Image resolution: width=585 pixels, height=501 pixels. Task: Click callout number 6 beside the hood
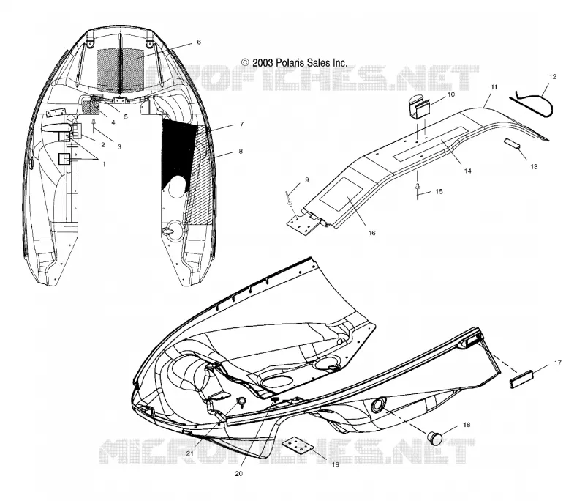(x=199, y=42)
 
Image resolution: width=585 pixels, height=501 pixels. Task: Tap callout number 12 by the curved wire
(x=553, y=77)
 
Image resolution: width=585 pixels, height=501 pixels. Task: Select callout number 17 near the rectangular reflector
(x=558, y=363)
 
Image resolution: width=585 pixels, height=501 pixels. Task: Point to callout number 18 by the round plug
(x=467, y=425)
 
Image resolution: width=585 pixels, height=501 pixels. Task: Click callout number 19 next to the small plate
(x=336, y=464)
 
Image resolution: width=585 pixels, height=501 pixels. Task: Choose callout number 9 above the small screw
(x=307, y=180)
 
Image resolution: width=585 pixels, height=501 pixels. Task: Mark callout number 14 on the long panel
(x=467, y=171)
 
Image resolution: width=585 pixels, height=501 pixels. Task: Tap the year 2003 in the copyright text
(x=263, y=62)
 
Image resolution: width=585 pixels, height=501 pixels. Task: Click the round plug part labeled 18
(x=435, y=437)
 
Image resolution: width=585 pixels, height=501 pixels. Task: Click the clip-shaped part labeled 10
(x=418, y=106)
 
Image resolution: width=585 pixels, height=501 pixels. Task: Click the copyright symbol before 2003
(x=245, y=62)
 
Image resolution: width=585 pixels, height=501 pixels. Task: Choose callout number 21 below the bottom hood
(x=190, y=453)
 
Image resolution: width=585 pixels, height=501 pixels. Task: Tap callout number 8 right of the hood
(x=241, y=152)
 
